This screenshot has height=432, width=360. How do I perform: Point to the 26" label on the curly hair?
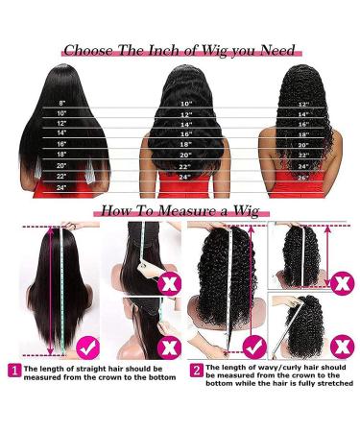tap(303, 178)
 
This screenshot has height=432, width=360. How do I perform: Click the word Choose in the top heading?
tap(90, 51)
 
